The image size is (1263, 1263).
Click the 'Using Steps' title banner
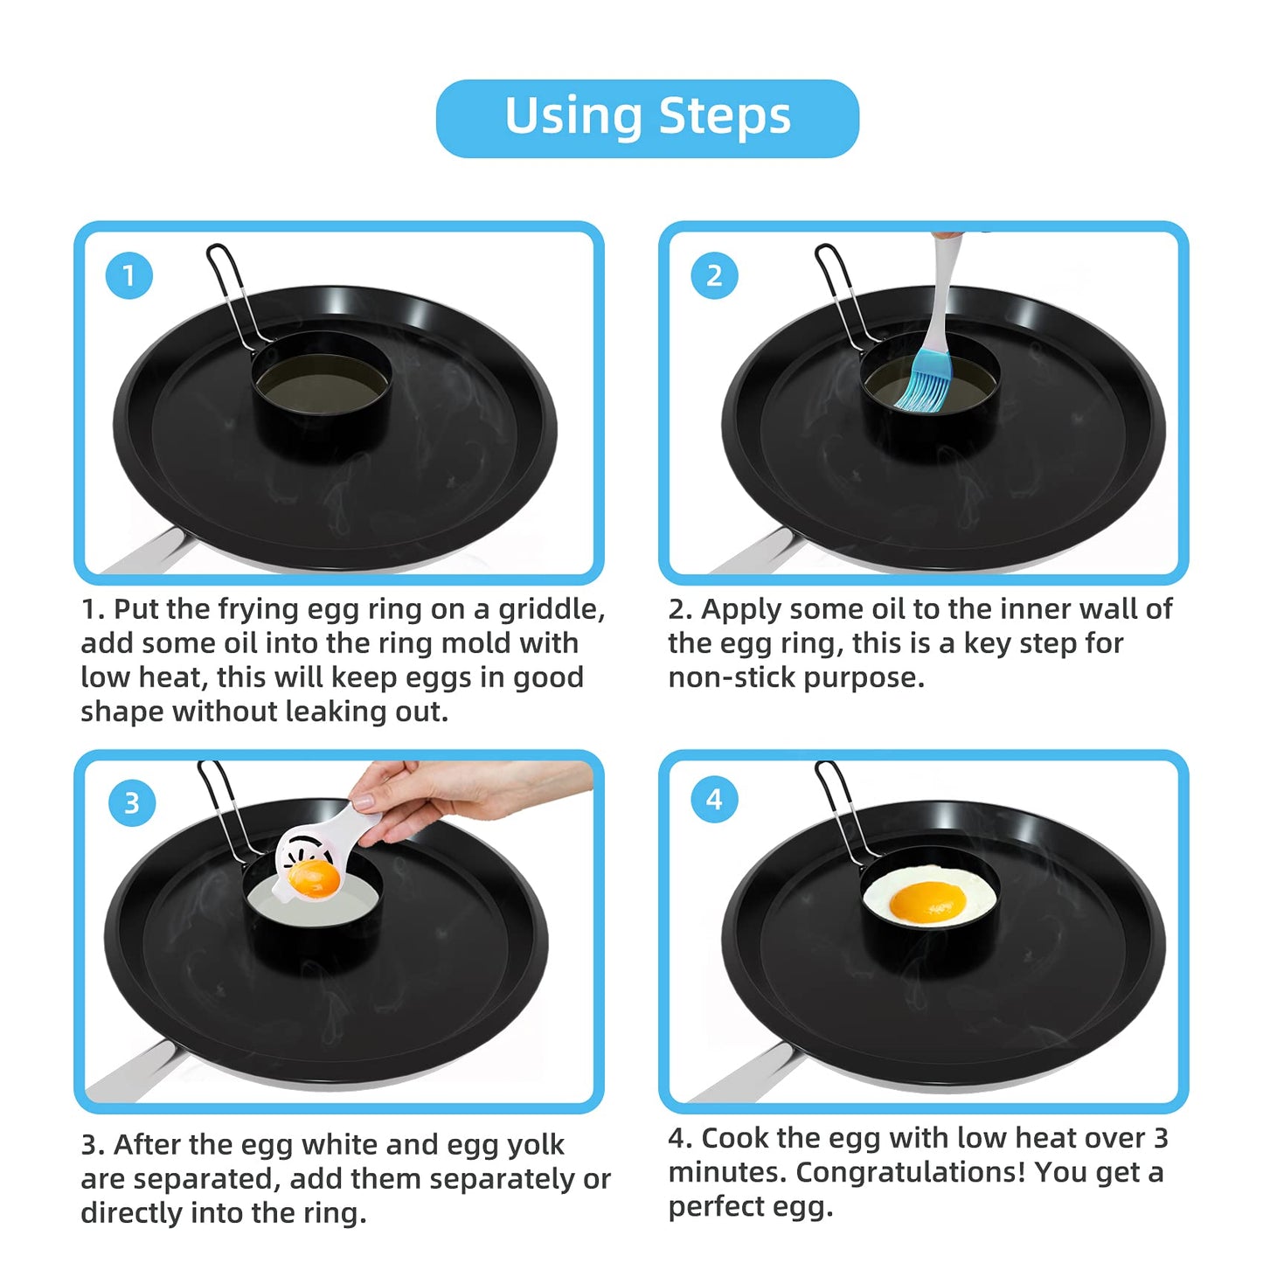coord(647,118)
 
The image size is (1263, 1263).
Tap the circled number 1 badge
coord(129,276)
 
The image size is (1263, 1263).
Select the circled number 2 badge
coord(714,276)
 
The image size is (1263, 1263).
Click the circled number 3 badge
coord(132,803)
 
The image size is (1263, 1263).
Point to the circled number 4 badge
coord(714,800)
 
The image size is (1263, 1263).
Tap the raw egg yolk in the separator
coord(314,876)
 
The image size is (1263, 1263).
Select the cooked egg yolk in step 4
coord(927,899)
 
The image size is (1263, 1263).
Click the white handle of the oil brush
coord(943,288)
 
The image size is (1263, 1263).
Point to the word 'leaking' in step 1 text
coord(337,712)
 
